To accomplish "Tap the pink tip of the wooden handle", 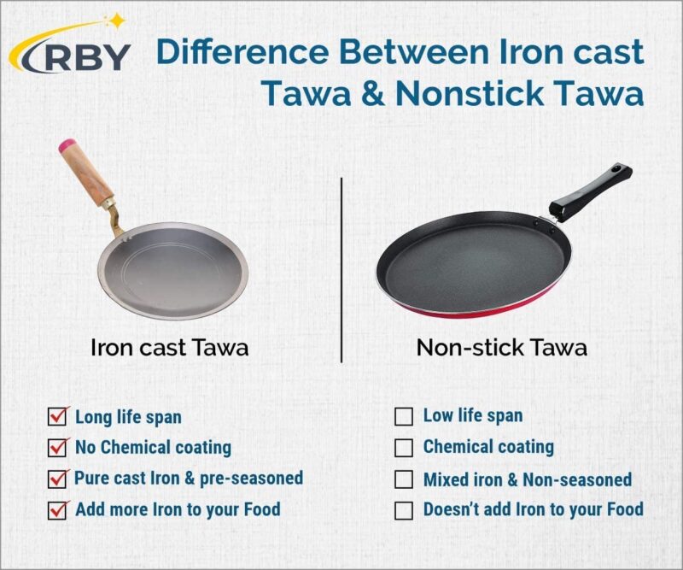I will [64, 146].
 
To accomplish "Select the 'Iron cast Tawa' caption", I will [170, 349].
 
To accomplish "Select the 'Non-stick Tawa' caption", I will [501, 349].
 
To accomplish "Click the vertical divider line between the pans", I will [341, 269].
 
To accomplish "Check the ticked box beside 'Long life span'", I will [58, 418].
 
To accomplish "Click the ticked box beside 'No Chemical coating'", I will [58, 447].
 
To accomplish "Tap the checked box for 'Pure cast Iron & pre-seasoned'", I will [58, 479].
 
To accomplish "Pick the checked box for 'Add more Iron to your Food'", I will [58, 510].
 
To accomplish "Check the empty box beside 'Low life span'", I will [403, 417].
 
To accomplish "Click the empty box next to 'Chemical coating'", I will [403, 447].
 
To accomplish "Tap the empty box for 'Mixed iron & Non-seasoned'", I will [403, 479].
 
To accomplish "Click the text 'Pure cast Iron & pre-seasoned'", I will [188, 478].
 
